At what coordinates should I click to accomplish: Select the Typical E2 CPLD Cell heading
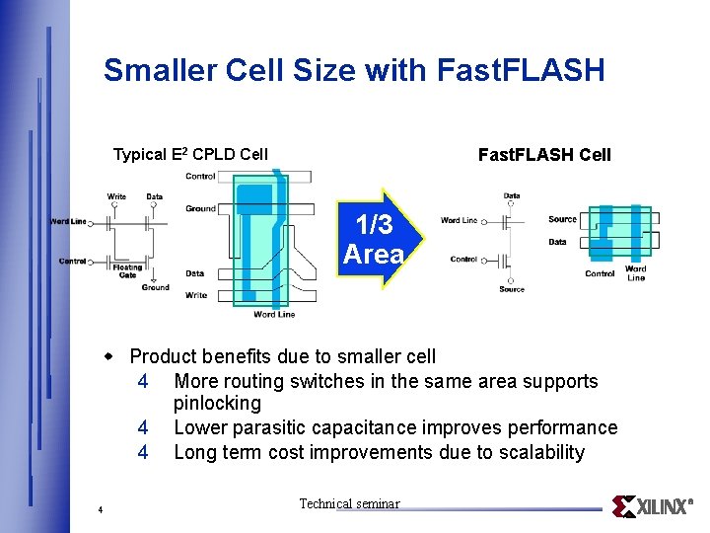[x=190, y=154]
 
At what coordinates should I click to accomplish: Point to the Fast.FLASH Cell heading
[x=544, y=154]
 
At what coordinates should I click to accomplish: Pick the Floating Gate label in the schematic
[x=127, y=270]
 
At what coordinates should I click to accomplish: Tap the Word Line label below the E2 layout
[x=274, y=315]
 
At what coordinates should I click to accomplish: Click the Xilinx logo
[x=652, y=506]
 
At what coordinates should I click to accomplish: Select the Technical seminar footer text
[x=349, y=503]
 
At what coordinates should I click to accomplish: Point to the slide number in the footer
[x=101, y=509]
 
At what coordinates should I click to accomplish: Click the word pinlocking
[x=217, y=403]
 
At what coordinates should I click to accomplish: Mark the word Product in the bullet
[x=164, y=355]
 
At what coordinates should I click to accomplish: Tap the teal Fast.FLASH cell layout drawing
[x=616, y=235]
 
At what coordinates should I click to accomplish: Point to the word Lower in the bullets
[x=202, y=427]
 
